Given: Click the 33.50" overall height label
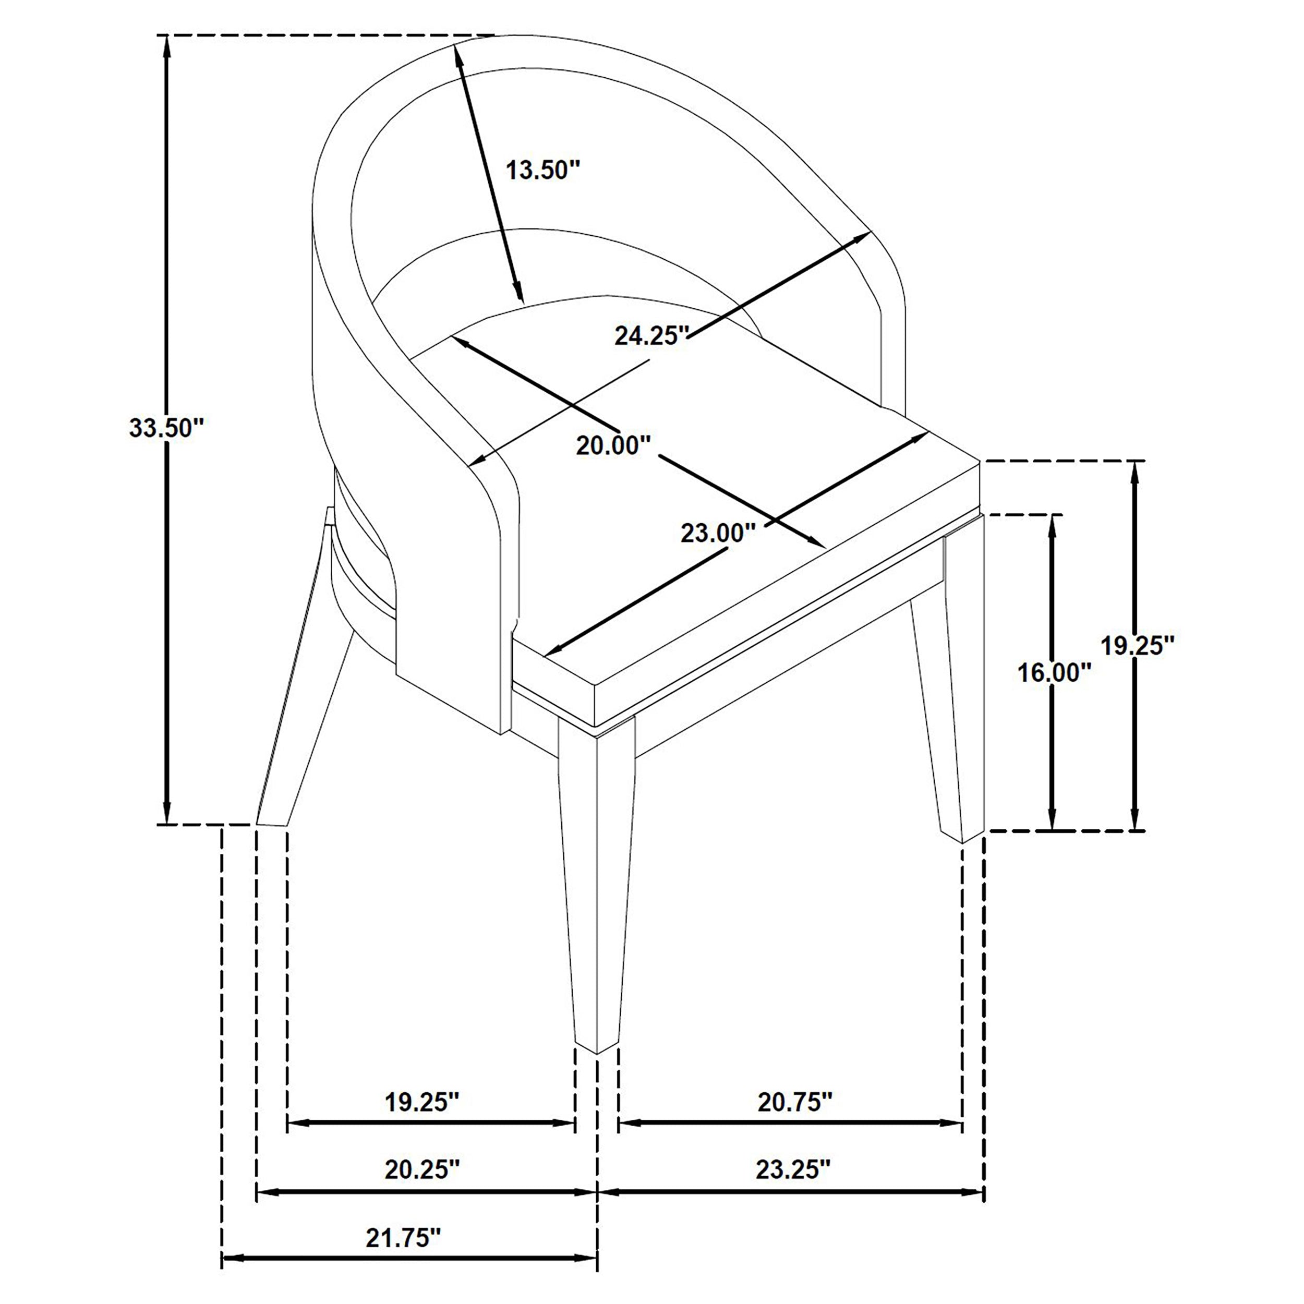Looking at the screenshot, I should pyautogui.click(x=165, y=428).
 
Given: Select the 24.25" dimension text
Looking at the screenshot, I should pyautogui.click(x=651, y=335).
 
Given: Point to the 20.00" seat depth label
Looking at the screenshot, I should pyautogui.click(x=613, y=445).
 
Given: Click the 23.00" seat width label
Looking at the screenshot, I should pyautogui.click(x=717, y=533).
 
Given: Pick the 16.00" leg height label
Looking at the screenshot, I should pyautogui.click(x=1054, y=672).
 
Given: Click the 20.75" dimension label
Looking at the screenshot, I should pyautogui.click(x=794, y=1103).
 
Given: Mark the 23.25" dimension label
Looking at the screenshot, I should pyautogui.click(x=792, y=1169).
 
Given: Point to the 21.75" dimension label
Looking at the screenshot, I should pyautogui.click(x=403, y=1237).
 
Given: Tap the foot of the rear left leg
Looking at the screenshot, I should pyautogui.click(x=272, y=824).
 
